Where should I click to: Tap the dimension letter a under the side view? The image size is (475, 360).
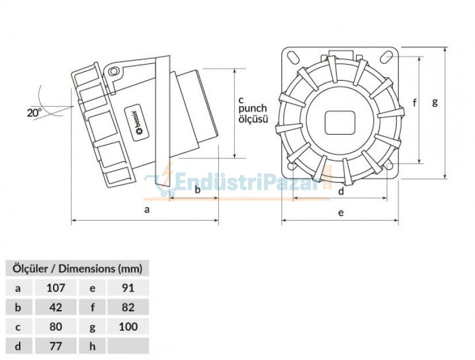(x=147, y=210)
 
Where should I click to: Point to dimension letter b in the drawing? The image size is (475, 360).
(x=197, y=189)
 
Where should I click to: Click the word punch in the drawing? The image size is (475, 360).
(x=253, y=109)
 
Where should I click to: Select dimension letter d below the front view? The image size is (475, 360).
(x=341, y=191)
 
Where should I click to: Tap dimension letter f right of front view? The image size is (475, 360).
(x=415, y=103)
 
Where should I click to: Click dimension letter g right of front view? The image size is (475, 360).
(x=435, y=103)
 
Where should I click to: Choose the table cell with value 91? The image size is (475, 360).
(x=128, y=287)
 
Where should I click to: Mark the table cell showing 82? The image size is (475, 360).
(x=128, y=307)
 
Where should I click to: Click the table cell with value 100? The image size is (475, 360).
(x=128, y=327)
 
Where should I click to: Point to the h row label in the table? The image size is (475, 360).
(x=92, y=346)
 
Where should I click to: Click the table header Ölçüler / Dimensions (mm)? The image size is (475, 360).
(x=77, y=268)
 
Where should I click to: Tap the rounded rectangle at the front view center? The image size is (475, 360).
(x=340, y=122)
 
